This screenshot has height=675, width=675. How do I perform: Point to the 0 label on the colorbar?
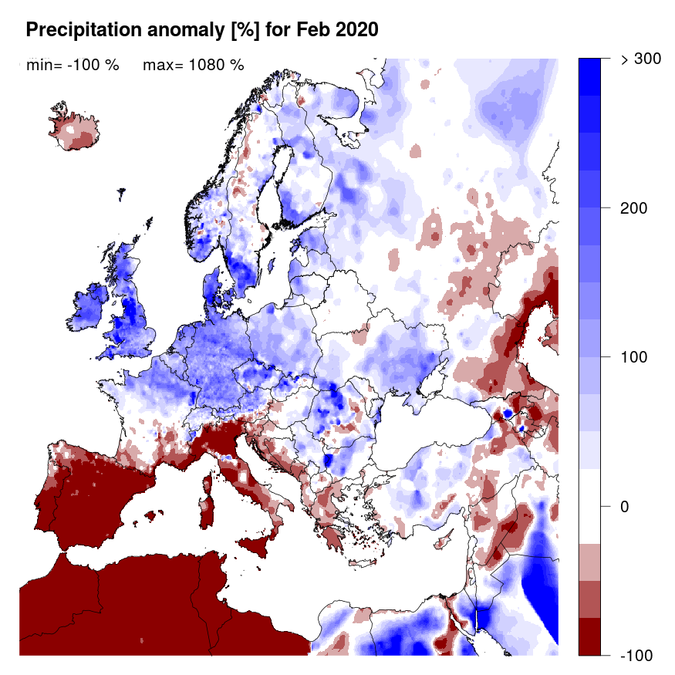pos(626,507)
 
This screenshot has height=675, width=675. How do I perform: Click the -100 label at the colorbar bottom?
pos(637,655)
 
